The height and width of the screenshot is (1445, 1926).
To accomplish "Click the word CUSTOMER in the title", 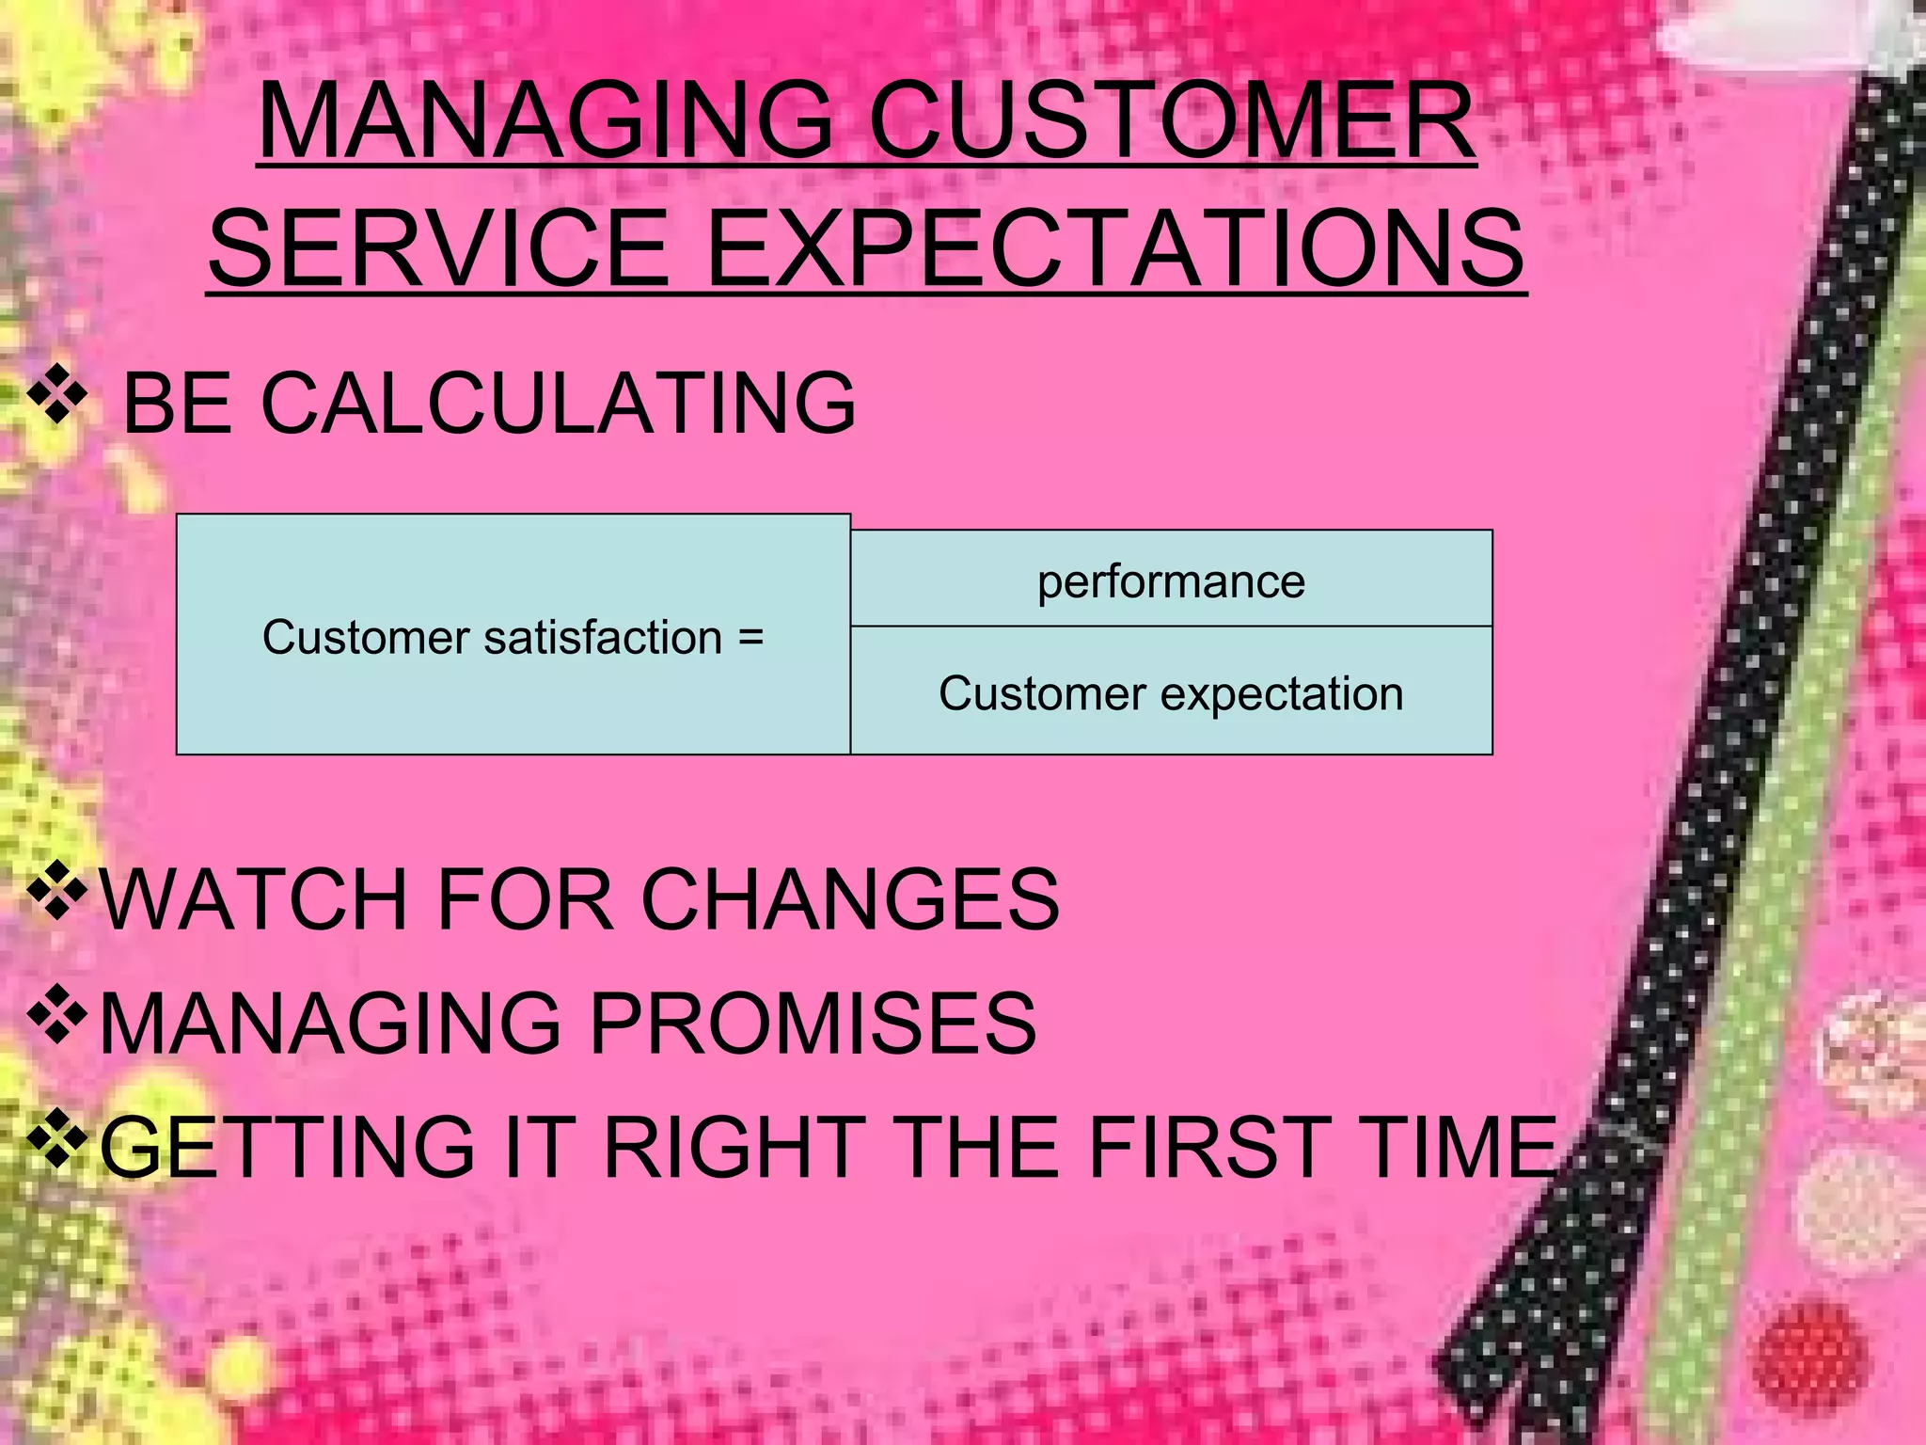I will (x=1172, y=122).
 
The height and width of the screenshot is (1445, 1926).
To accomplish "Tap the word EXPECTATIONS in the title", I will (x=1113, y=249).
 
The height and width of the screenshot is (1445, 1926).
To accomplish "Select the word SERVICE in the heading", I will (x=438, y=249).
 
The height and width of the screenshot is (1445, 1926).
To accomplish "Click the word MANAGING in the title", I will (x=545, y=122).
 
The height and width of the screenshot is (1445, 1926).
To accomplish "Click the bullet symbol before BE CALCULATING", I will (x=57, y=395).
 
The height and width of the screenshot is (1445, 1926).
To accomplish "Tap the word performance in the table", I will (x=1171, y=581).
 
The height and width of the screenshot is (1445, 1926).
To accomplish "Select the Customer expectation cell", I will (x=1171, y=693).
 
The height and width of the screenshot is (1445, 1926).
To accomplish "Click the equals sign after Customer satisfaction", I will (x=750, y=637).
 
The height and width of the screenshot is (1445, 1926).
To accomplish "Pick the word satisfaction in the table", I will (x=602, y=637).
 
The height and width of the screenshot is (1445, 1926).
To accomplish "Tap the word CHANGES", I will (x=850, y=900).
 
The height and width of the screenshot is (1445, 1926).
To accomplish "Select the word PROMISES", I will (x=813, y=1024).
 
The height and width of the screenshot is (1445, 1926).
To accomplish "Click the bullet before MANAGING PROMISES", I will (x=57, y=1014).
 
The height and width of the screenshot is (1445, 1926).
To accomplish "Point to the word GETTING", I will (x=287, y=1147).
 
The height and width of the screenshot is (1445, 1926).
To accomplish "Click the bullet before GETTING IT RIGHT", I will (x=57, y=1137).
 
